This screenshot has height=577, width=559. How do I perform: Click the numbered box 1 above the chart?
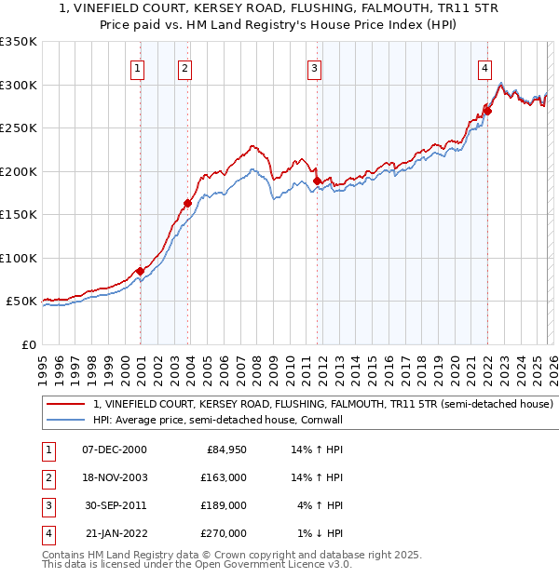138,68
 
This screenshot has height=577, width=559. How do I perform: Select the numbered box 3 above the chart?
315,68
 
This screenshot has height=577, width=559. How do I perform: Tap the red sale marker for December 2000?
140,271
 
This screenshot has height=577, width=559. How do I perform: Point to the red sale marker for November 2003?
187,203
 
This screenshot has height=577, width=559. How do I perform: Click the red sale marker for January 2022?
487,111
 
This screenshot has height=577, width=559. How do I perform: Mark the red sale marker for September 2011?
317,181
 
